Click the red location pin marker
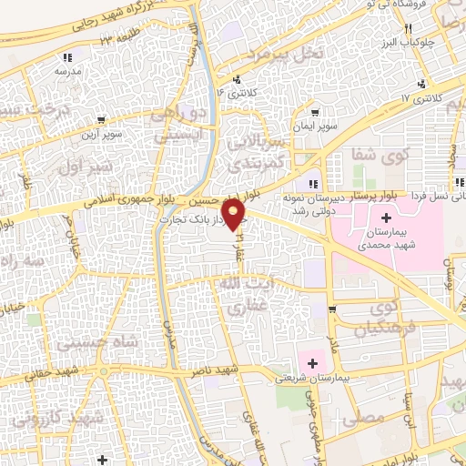coord(234,215)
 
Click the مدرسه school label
coord(68,70)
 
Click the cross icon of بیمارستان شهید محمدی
coord(387,218)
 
